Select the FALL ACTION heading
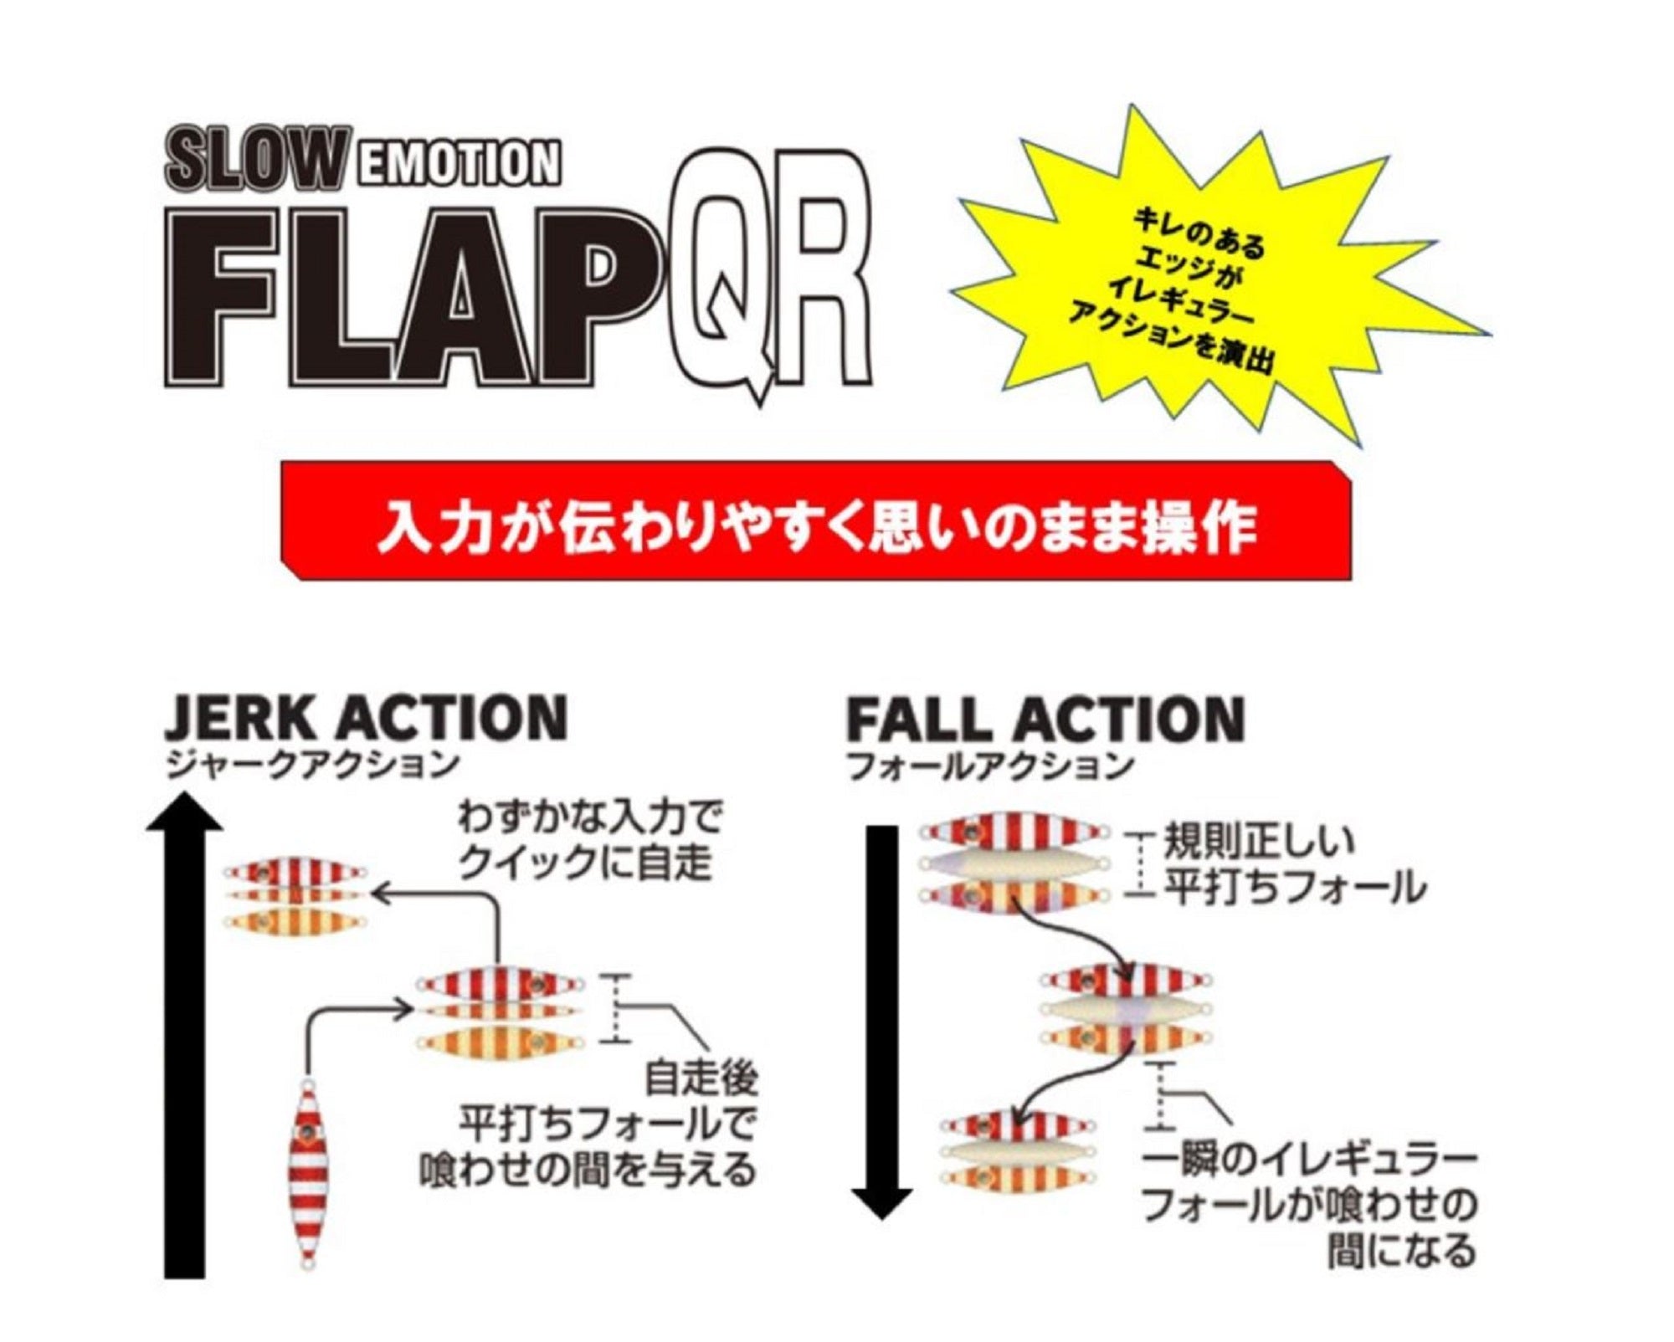click(1045, 718)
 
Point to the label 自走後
click(701, 1079)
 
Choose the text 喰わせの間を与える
click(588, 1169)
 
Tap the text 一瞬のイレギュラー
click(1309, 1160)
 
